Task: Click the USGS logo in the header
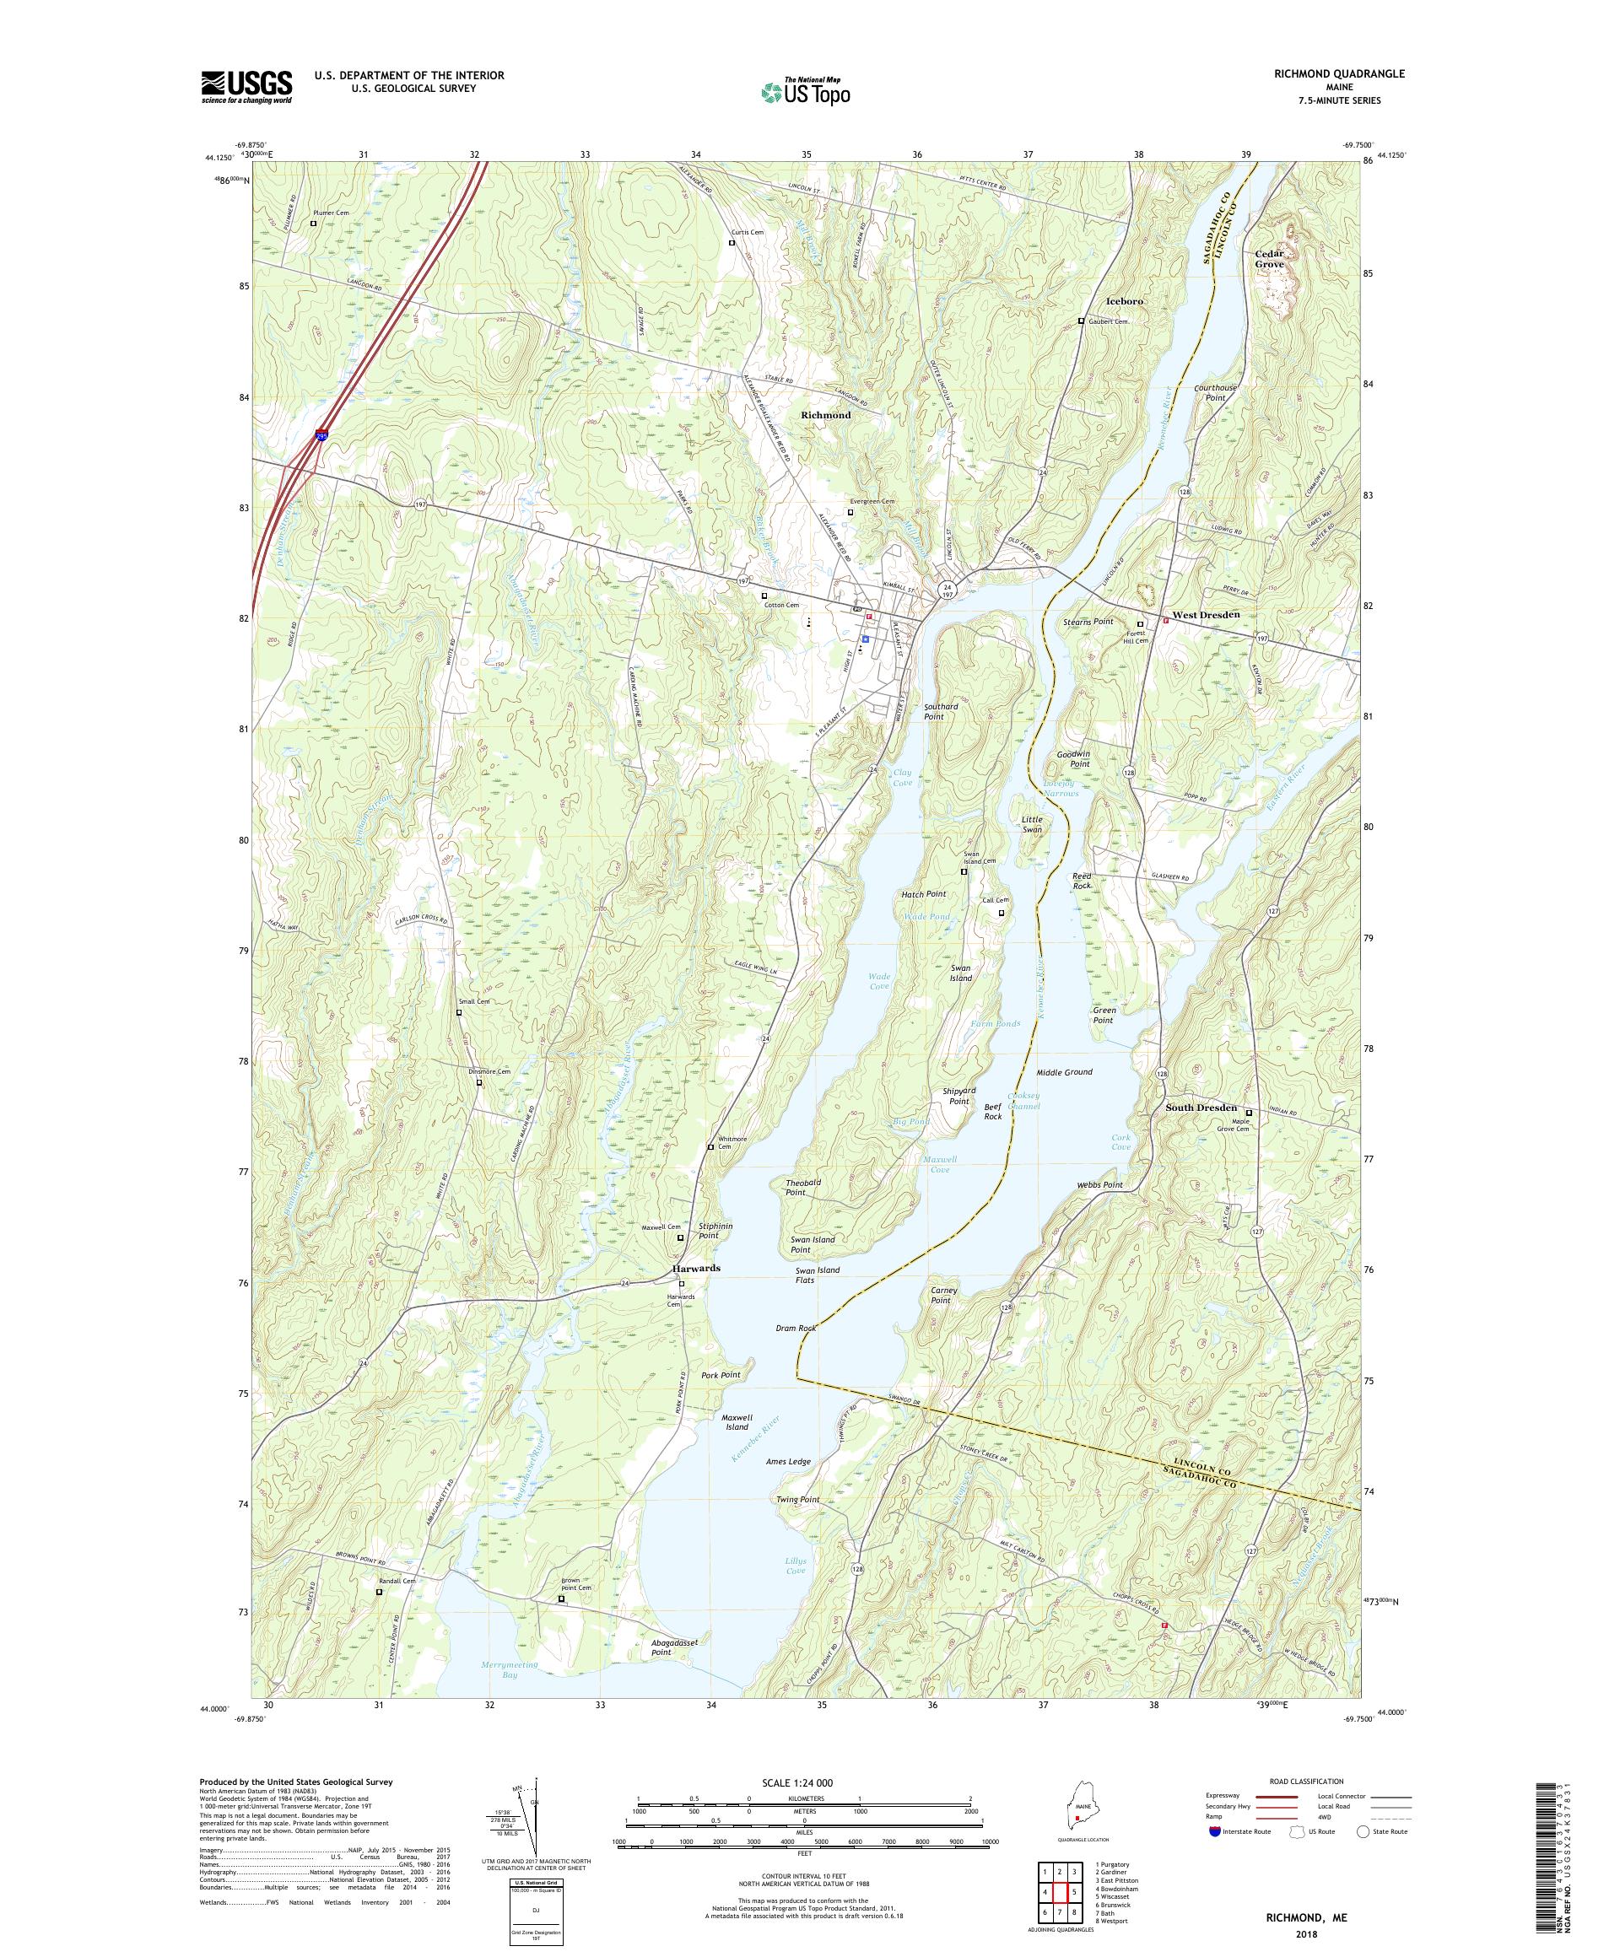pos(246,87)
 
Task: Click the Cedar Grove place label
pos(1269,258)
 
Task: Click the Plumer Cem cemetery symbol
pos(314,224)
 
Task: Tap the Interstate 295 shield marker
pos(321,434)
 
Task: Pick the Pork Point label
pos(721,1375)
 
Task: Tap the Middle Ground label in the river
pos(1063,1071)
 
